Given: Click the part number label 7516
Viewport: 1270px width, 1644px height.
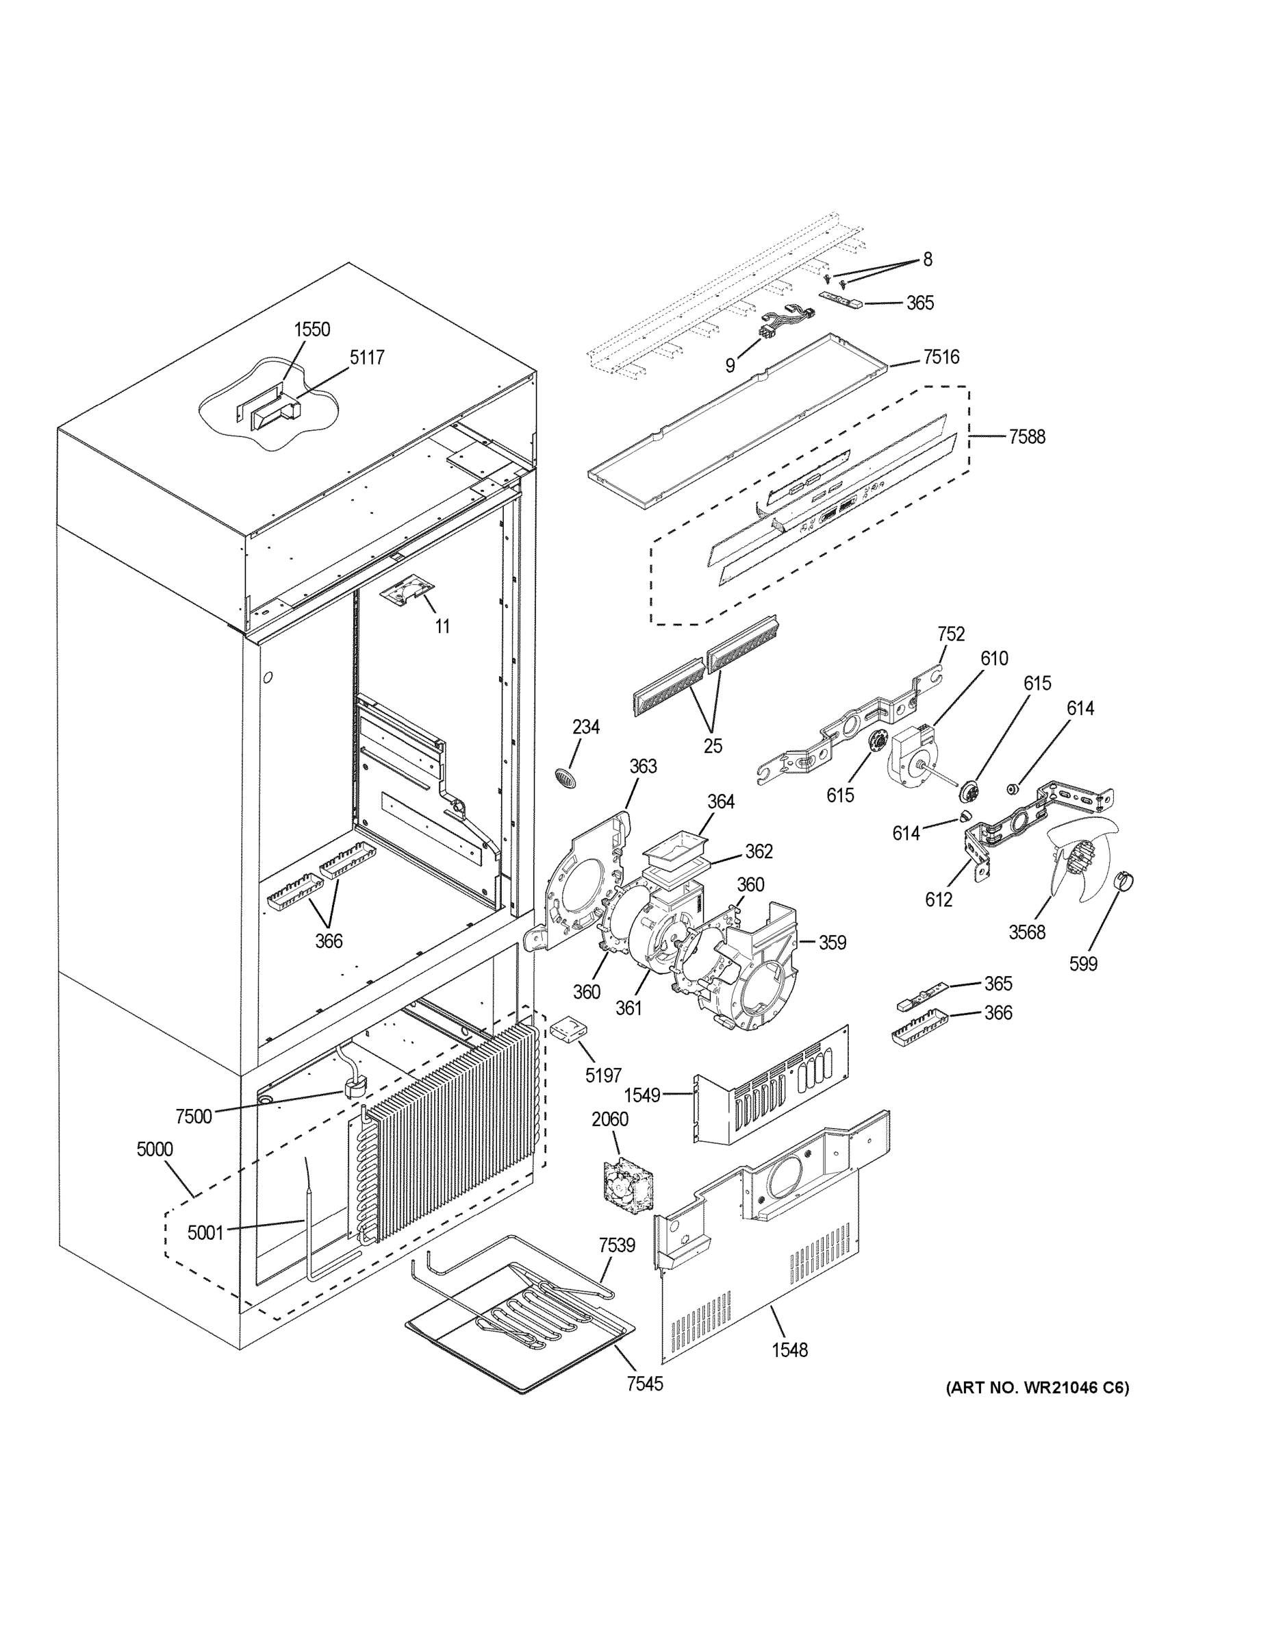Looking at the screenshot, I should coord(941,357).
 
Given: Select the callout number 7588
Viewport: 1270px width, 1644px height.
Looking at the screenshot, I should coord(1026,436).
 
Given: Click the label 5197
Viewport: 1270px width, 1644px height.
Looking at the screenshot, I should coord(603,1075).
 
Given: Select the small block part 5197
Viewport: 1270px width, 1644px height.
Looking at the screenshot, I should coord(570,1027).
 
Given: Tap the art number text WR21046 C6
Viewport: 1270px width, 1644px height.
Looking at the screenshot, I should coord(1037,1387).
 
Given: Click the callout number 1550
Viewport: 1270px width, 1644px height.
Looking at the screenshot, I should coord(312,329).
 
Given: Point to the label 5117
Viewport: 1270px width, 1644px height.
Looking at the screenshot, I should coord(366,357).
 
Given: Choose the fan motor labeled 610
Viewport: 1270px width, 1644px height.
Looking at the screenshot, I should coord(914,756).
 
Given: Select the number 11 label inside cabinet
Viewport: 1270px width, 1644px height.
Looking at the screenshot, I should coord(442,625).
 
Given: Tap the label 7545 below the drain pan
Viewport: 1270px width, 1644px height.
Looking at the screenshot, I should coord(645,1383).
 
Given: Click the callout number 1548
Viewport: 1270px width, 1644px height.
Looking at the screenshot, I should coord(789,1349).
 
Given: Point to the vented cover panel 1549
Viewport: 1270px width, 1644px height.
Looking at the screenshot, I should coord(775,1085).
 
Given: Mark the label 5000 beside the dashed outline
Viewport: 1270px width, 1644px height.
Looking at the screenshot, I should coord(154,1149).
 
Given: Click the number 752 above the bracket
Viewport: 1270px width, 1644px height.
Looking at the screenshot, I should coord(951,634).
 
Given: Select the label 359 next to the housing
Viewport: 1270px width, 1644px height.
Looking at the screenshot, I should coord(832,943).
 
